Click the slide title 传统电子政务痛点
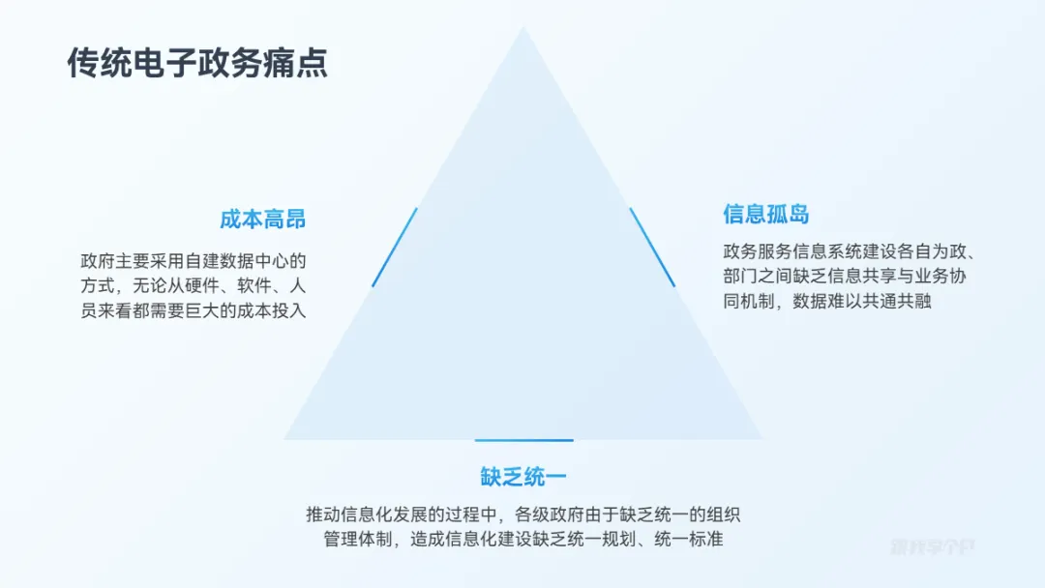pos(197,63)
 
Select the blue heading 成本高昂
pos(262,219)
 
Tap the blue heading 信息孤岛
pos(765,214)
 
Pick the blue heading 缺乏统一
pos(522,477)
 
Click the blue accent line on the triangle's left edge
pos(395,248)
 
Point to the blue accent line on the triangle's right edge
pos(652,248)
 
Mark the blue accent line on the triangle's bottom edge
pos(523,440)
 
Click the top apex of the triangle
pos(523,29)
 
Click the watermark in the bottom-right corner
pos(932,546)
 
